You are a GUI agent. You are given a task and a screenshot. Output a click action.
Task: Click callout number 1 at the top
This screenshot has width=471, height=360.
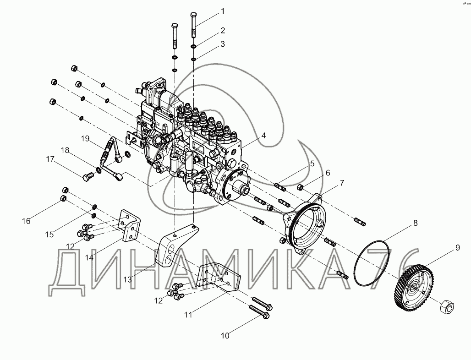(x=223, y=11)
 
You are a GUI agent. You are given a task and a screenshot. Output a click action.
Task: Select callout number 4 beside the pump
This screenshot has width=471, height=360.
(x=263, y=136)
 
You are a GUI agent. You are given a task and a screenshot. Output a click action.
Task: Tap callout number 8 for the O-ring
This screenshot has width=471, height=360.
(x=415, y=223)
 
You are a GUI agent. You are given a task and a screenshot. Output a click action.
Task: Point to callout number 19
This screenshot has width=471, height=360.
(x=85, y=138)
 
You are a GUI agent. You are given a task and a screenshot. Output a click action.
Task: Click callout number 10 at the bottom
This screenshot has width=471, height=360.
(x=225, y=336)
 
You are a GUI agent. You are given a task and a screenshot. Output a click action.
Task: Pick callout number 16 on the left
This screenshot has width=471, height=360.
(x=26, y=221)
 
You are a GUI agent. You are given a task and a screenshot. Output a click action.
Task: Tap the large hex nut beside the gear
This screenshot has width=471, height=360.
(x=447, y=306)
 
